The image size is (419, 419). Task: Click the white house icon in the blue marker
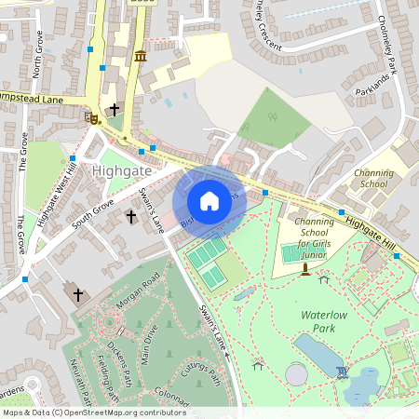tap(209, 200)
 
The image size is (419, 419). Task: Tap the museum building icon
tap(140, 57)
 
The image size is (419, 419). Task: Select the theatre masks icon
tap(91, 117)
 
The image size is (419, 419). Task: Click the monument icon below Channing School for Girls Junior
tap(304, 269)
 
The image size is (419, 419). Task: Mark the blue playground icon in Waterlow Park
tap(341, 372)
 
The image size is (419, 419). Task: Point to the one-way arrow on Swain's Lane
tap(226, 355)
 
